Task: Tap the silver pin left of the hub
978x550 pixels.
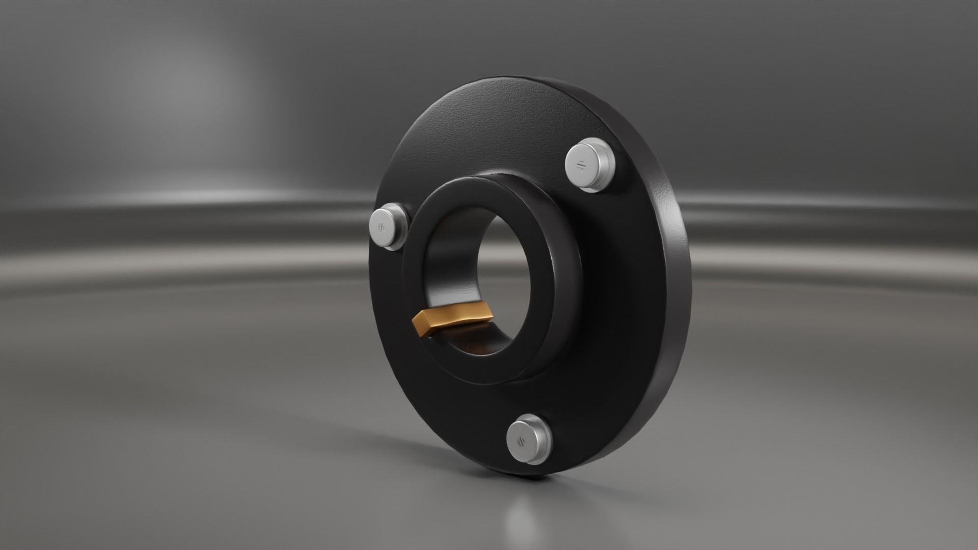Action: point(385,227)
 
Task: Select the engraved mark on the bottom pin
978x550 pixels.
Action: point(521,441)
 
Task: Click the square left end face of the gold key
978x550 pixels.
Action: point(421,323)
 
